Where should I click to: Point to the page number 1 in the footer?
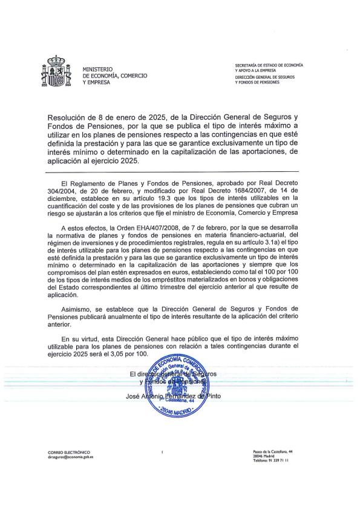point(163,452)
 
